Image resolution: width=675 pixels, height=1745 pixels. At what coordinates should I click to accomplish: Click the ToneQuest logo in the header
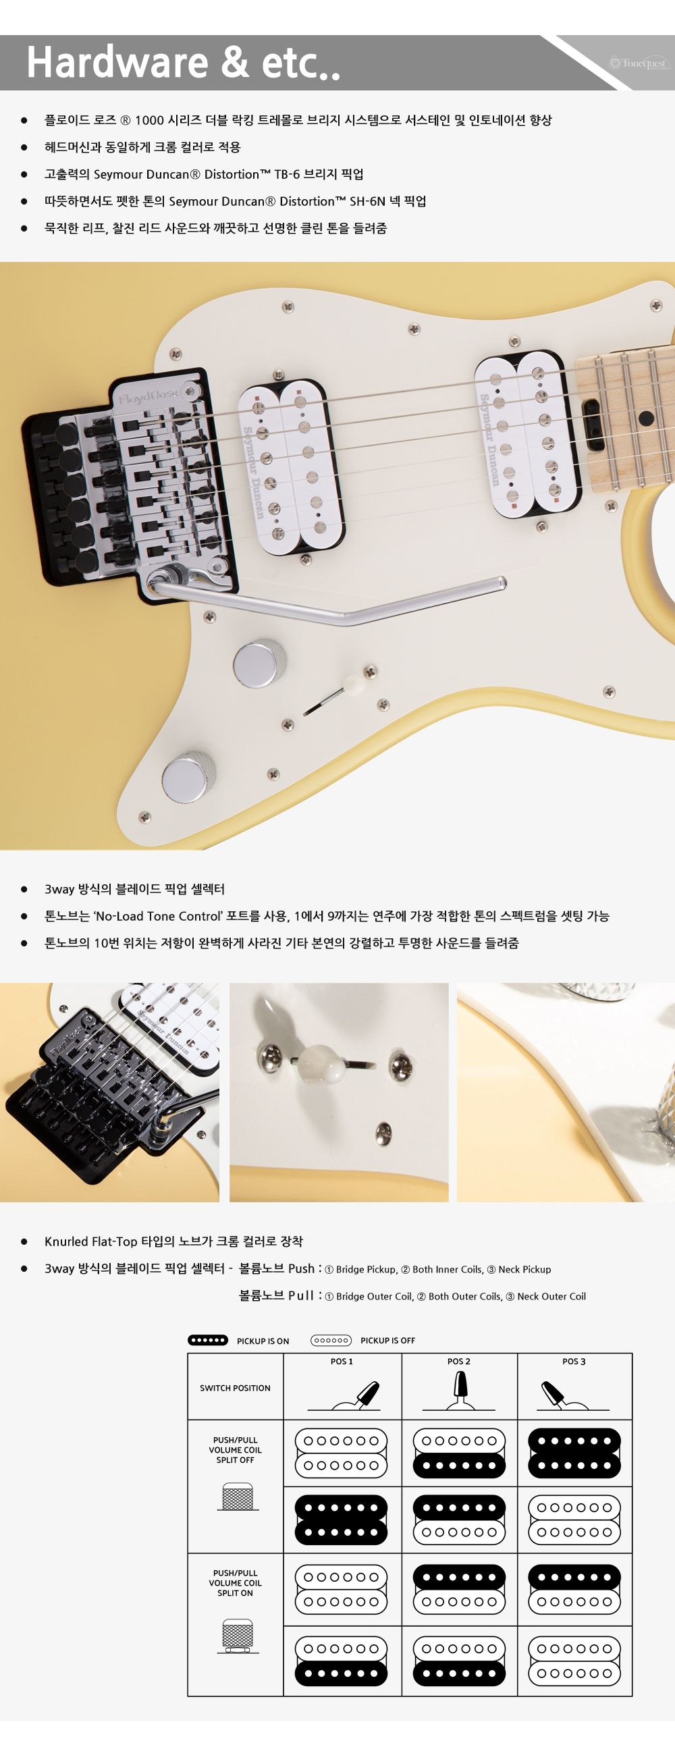click(639, 63)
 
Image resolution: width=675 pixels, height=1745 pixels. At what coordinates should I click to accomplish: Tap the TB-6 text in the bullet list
click(286, 174)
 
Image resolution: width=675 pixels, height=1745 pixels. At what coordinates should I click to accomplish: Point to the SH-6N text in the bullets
click(367, 201)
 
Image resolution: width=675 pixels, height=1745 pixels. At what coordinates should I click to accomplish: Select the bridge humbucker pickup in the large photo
click(290, 466)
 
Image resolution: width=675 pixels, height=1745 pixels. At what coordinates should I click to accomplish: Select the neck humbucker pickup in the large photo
click(527, 433)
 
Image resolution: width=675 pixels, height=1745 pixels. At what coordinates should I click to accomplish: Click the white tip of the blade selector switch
click(355, 684)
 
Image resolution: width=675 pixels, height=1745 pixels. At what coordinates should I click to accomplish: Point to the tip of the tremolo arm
click(502, 582)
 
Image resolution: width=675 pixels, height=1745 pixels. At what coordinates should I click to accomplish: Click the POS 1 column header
click(342, 1362)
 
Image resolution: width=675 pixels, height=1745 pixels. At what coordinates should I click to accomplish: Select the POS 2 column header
click(458, 1362)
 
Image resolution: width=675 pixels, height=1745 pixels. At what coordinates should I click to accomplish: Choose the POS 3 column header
click(574, 1362)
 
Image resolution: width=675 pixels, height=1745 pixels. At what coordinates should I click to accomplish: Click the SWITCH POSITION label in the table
click(235, 1388)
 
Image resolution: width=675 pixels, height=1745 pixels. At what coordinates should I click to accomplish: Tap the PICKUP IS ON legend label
click(263, 1341)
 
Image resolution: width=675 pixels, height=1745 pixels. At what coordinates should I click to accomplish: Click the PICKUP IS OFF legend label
click(388, 1341)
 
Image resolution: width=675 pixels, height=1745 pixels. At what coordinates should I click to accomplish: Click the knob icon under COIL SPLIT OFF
click(238, 1497)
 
